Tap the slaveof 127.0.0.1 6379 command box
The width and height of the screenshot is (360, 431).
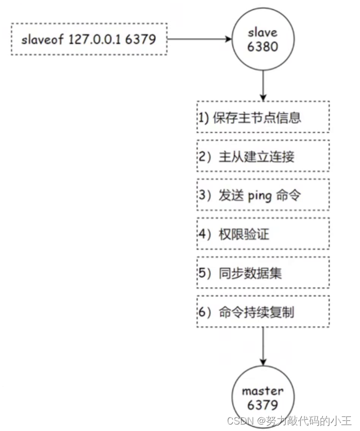(x=88, y=39)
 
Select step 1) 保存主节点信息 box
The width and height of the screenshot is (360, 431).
(x=262, y=117)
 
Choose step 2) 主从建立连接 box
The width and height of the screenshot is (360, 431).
(x=262, y=156)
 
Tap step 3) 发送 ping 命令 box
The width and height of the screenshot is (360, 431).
(x=262, y=195)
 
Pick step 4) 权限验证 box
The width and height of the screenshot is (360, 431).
(x=262, y=234)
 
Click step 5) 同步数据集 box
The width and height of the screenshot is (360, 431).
(x=262, y=273)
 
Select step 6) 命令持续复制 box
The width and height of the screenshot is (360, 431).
(x=262, y=311)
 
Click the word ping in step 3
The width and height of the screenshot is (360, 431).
(x=260, y=196)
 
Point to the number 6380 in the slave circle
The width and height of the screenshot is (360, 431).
(x=262, y=46)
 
